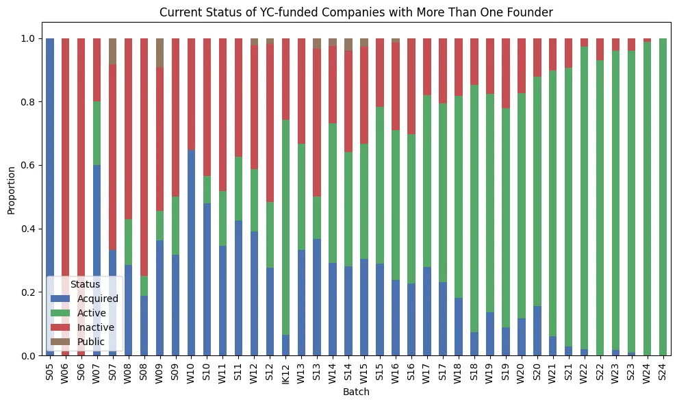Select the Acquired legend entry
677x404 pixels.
[x=97, y=299]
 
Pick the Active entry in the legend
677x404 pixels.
[x=91, y=313]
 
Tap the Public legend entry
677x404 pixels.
[x=90, y=342]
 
